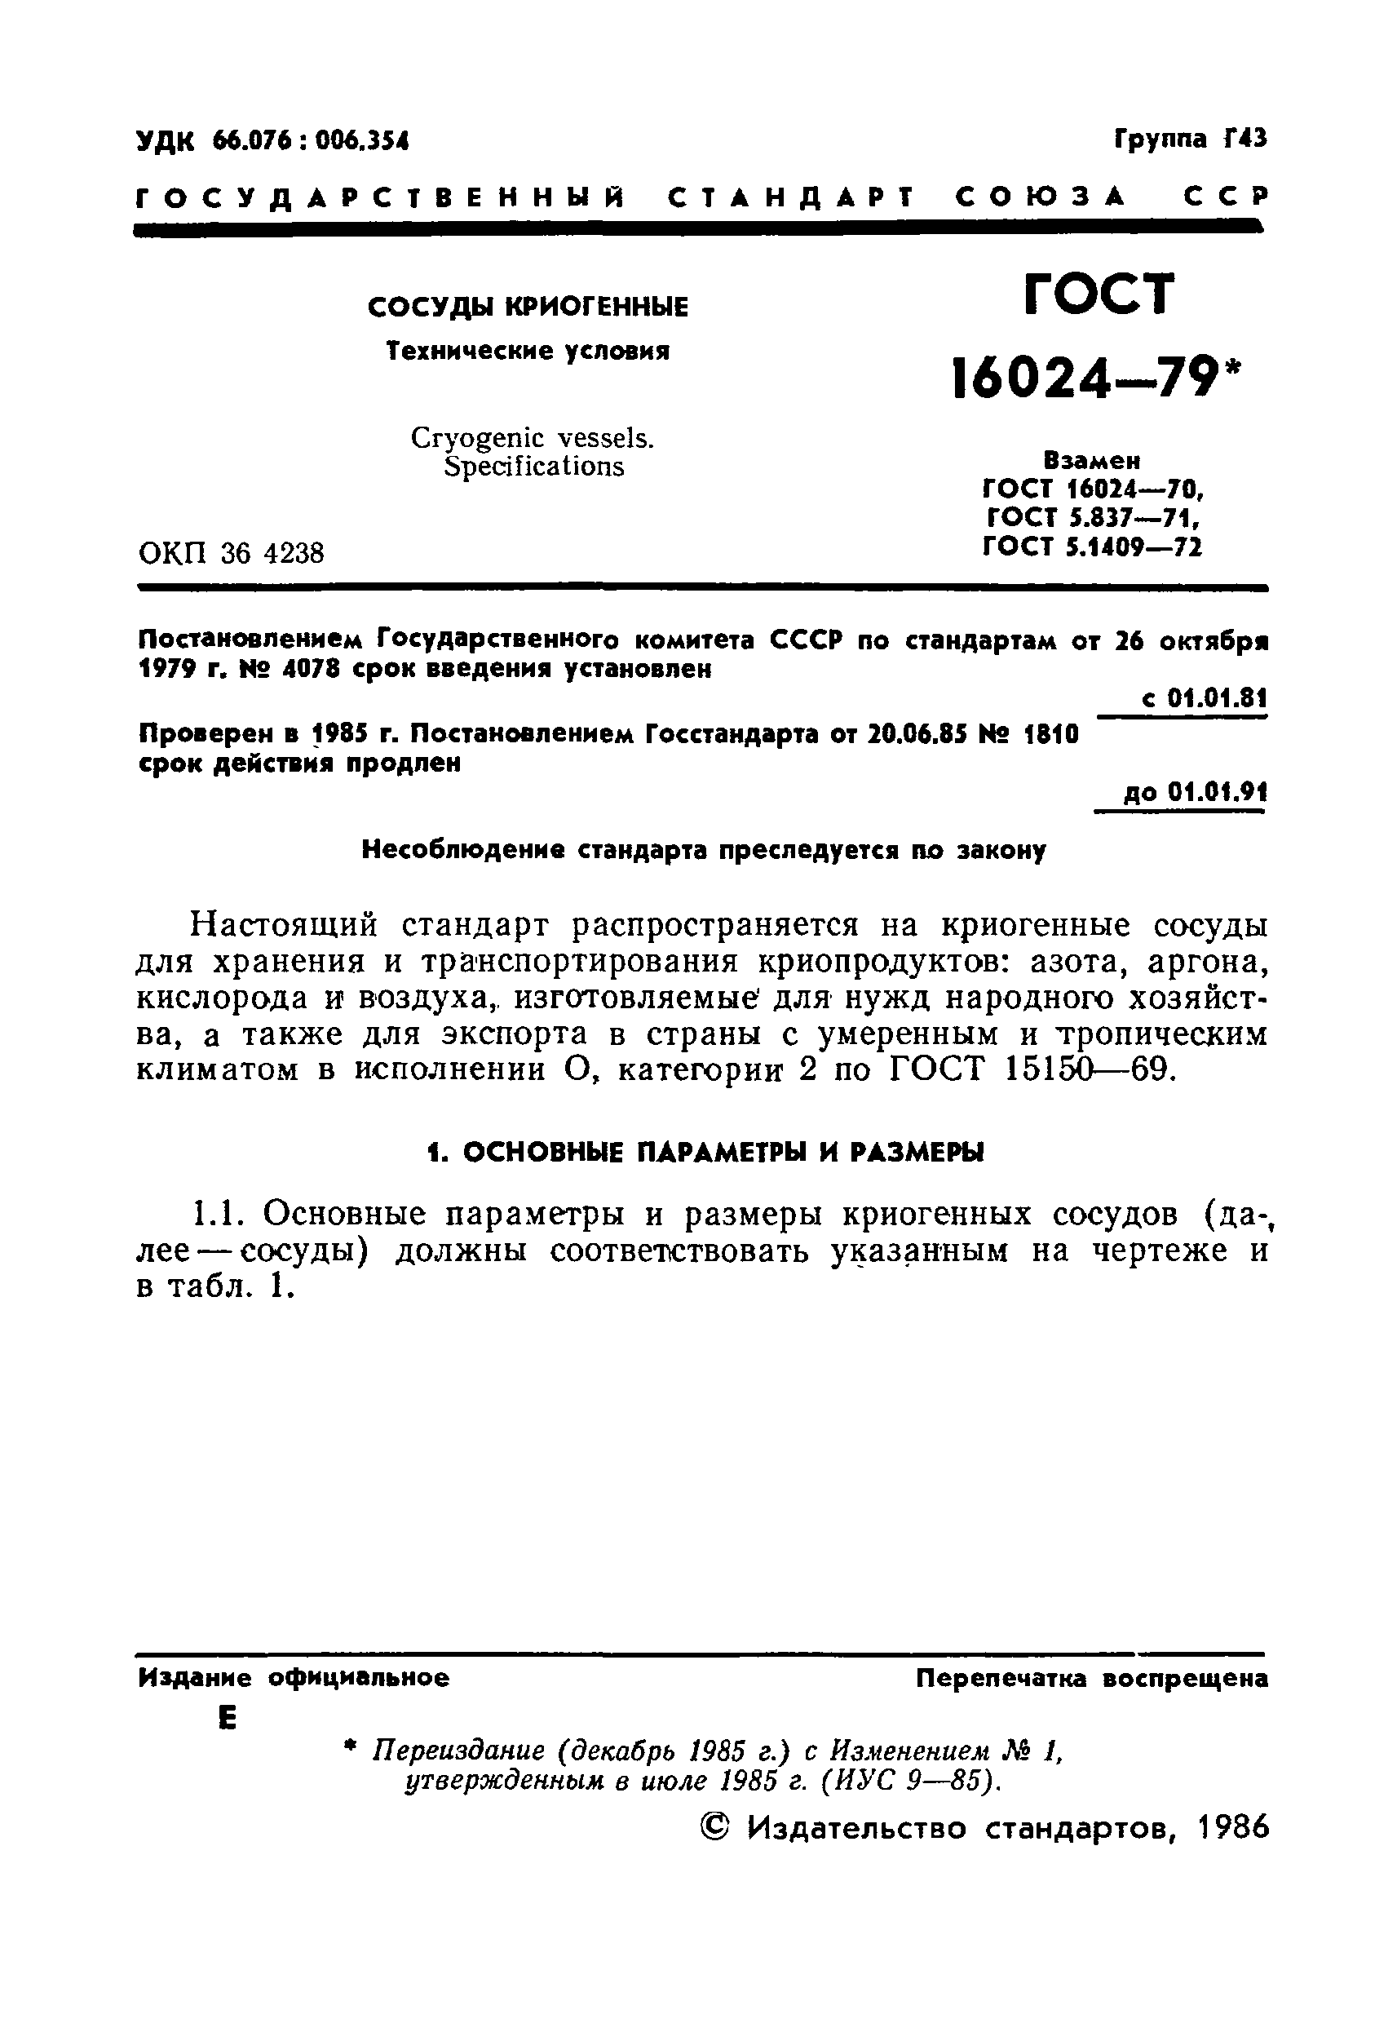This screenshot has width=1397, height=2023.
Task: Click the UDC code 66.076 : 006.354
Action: point(311,141)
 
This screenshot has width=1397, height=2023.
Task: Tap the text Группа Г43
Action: point(1191,139)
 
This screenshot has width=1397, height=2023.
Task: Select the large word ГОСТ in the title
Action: point(1099,294)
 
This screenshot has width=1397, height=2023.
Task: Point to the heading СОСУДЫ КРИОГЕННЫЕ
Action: point(528,308)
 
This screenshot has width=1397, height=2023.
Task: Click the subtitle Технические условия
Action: point(528,352)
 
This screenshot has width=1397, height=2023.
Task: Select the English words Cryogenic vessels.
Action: point(533,438)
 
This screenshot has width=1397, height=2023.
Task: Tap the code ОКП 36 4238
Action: point(231,553)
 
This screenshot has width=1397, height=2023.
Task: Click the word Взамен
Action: point(1091,460)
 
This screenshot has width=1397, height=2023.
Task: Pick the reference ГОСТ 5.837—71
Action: point(1091,518)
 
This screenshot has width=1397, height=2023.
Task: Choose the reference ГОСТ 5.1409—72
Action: point(1091,547)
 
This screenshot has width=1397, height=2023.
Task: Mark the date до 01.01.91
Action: point(1195,793)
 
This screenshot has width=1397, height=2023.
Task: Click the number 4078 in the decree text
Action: point(311,670)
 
